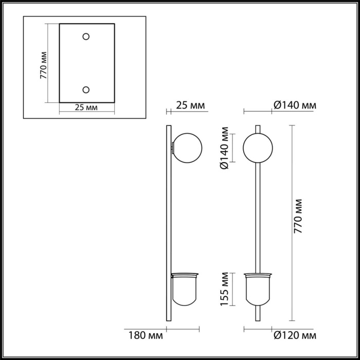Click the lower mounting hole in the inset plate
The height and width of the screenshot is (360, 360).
pyautogui.click(x=86, y=89)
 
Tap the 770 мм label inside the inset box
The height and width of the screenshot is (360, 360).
pyautogui.click(x=44, y=65)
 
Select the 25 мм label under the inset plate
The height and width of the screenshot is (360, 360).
pyautogui.click(x=86, y=107)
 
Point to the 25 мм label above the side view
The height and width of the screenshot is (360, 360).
pyautogui.click(x=190, y=105)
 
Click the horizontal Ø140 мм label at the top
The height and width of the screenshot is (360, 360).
pyautogui.click(x=294, y=105)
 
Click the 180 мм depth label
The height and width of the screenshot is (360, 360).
pyautogui.click(x=143, y=336)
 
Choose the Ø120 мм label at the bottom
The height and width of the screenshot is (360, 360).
pyautogui.click(x=294, y=336)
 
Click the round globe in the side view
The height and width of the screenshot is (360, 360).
pyautogui.click(x=188, y=147)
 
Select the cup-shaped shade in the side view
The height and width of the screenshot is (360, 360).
pyautogui.click(x=184, y=290)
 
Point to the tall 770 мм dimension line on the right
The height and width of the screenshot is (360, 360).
pyautogui.click(x=292, y=221)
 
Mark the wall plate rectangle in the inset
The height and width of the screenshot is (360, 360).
pyautogui.click(x=86, y=63)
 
